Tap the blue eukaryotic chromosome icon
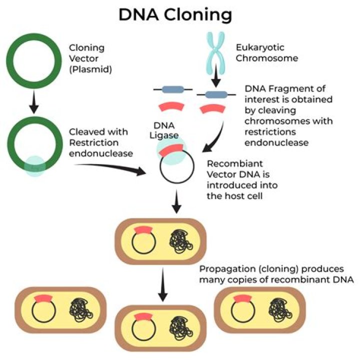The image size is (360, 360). [215, 45]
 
